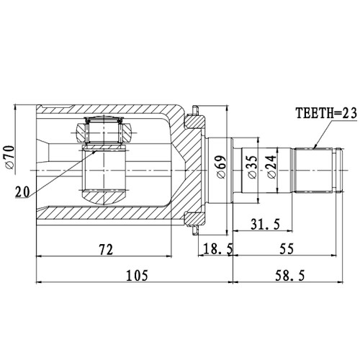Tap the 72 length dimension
coord(105,249)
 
